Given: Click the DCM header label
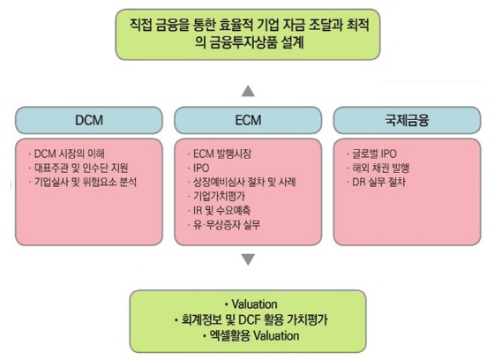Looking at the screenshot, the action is point(89,120).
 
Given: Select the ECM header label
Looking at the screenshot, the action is point(248,120).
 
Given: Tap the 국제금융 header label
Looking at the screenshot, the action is point(407,120).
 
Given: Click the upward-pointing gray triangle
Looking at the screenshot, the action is point(248,91).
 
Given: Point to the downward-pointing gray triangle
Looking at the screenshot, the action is point(248,259).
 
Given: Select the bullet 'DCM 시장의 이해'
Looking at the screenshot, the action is point(70,154).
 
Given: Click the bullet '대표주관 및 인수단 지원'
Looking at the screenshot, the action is point(81,168).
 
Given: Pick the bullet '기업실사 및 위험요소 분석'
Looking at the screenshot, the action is point(86,182).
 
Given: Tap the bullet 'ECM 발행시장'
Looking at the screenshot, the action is point(222,154).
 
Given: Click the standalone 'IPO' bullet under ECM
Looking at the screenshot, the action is point(201,168).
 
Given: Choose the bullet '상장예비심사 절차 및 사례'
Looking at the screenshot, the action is point(244,182).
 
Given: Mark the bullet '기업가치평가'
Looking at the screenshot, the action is point(220,196).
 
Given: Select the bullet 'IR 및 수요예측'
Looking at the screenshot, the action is point(222,210).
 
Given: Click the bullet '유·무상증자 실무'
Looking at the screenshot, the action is point(227,224).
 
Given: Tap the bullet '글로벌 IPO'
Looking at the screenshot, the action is point(374,154).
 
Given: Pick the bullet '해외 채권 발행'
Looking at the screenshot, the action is point(380,168).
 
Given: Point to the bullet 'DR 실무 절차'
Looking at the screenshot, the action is point(378,182).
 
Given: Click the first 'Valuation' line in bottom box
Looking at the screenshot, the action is point(255,304).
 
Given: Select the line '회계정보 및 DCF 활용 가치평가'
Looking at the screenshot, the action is point(255,320).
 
